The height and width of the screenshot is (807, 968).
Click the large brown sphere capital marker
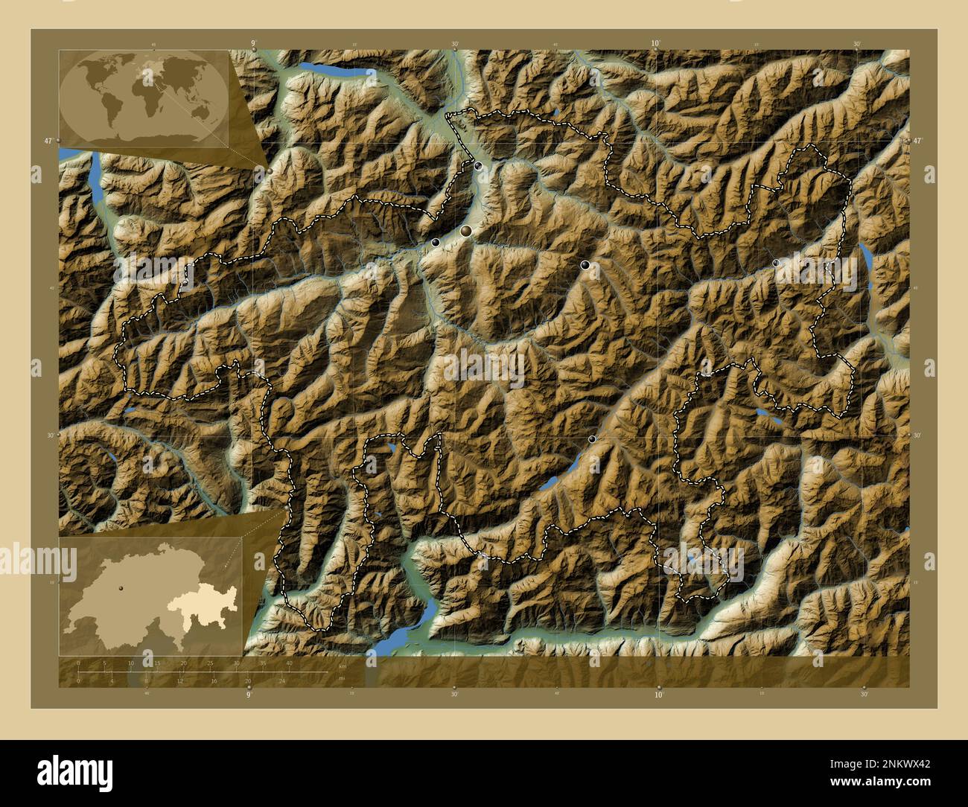(x=466, y=232)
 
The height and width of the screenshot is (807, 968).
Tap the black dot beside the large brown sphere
(x=436, y=242)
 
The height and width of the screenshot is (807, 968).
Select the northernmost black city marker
(x=478, y=166)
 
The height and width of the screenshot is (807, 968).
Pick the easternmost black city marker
(x=776, y=263)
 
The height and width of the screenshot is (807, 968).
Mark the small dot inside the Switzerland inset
(x=119, y=587)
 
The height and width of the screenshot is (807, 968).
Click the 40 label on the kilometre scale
(x=289, y=663)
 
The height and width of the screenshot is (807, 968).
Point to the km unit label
(x=343, y=666)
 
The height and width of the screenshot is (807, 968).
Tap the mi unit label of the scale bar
(x=342, y=678)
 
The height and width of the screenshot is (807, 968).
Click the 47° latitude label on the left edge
(x=48, y=140)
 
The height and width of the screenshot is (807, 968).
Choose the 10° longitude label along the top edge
(x=655, y=44)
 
